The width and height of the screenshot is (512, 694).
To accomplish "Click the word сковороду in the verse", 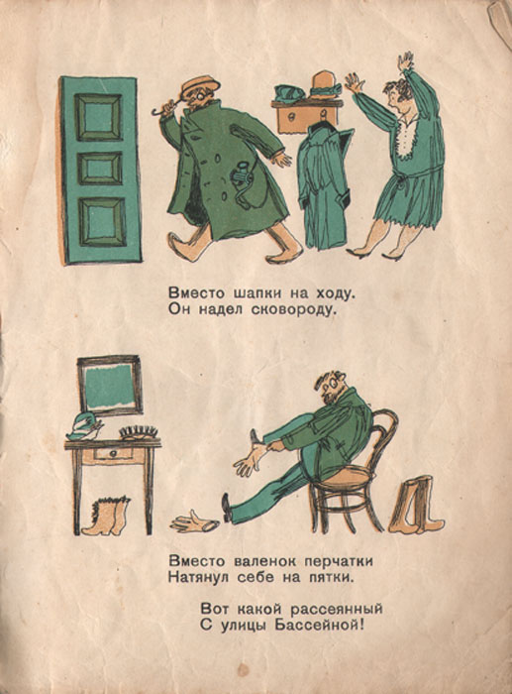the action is coord(293,310).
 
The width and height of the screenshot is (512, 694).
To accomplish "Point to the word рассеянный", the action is coord(336,609).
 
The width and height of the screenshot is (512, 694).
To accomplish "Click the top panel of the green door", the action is coord(98,117).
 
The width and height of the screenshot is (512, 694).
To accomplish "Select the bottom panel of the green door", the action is coord(102,221).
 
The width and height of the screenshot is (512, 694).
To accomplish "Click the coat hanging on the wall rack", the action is coord(323,186).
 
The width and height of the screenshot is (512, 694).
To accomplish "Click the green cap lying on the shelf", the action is coord(289,93).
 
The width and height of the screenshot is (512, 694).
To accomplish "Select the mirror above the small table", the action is coord(110,385).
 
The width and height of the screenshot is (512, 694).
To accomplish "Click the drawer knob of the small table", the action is coord(114,454).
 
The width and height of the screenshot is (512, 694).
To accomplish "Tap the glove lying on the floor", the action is coord(194,522).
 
